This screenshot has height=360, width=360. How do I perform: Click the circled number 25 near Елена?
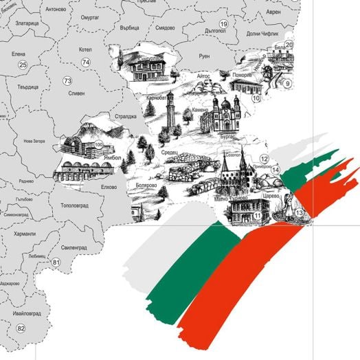point(23,65)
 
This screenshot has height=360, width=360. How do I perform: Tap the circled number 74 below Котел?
point(85,63)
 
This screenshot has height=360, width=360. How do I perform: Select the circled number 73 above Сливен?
point(67,81)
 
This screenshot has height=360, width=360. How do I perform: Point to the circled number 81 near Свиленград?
point(56,262)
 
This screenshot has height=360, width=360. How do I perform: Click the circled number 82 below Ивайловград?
point(21,328)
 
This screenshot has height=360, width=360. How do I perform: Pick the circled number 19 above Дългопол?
point(223,24)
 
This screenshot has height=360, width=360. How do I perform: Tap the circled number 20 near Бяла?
point(289,45)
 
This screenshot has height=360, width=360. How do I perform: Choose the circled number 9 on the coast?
point(288,84)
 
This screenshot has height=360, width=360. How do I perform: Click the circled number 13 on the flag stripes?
point(299,214)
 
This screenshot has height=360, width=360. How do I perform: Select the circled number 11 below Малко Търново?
point(257,216)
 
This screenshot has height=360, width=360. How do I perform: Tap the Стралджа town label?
point(126,116)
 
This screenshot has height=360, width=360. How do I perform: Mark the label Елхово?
point(109,186)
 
